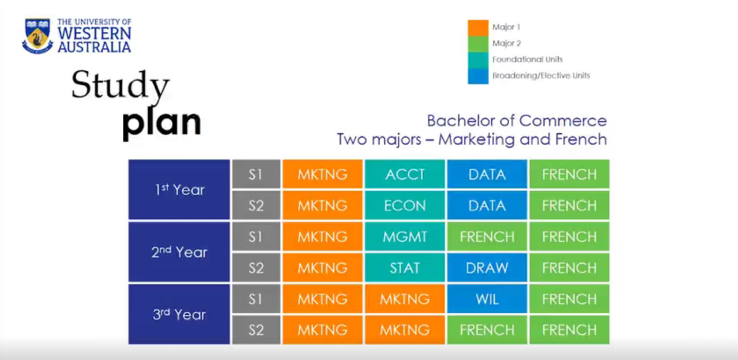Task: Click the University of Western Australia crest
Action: (x=38, y=36)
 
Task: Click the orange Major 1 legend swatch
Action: (x=478, y=28)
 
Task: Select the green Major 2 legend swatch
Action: (x=478, y=44)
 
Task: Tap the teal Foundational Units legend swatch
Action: (x=478, y=59)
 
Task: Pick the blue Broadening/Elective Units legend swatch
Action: (x=478, y=75)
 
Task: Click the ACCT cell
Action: (x=405, y=174)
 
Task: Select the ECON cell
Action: (x=405, y=206)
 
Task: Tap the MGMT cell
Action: (x=405, y=237)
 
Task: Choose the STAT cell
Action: (x=405, y=268)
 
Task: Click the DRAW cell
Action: (x=487, y=268)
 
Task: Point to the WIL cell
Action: (x=487, y=299)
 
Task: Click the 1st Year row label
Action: (x=179, y=190)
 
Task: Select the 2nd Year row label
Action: (x=179, y=252)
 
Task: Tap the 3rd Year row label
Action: (x=179, y=314)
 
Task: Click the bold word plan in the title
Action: (x=161, y=122)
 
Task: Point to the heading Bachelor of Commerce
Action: (x=517, y=121)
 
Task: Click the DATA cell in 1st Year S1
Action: (x=487, y=174)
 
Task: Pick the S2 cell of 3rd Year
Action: (x=256, y=331)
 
